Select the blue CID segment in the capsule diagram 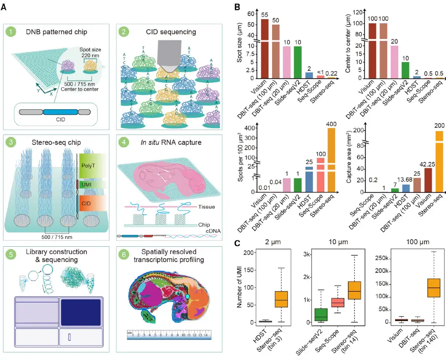coord(59,112)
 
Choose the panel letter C coord(237,243)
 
